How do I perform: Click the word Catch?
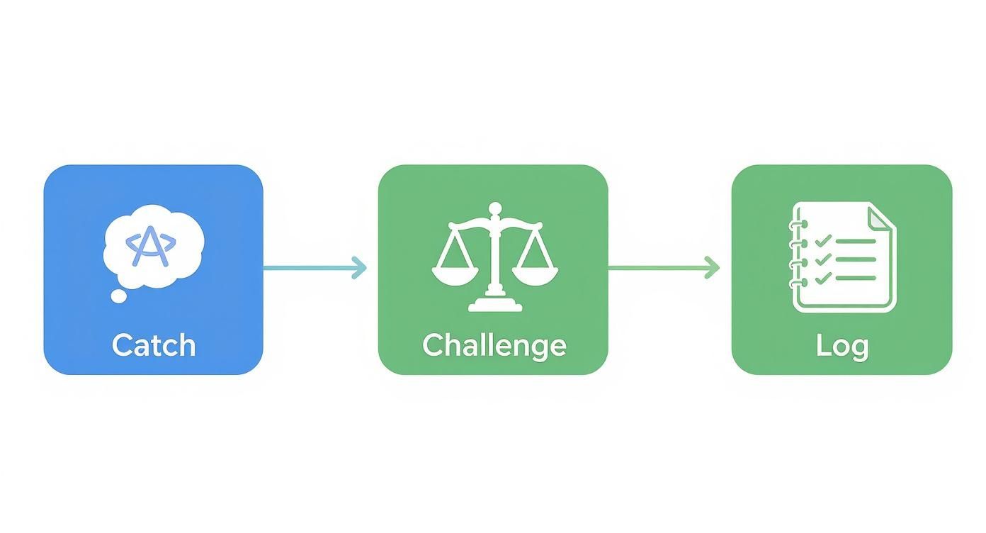[154, 345]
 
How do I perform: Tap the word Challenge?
[494, 347]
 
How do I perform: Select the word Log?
[842, 347]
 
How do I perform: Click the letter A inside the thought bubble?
[151, 246]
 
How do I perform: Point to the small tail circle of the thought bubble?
[118, 296]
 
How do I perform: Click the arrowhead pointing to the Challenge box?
[360, 267]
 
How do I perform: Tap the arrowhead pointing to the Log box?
[712, 267]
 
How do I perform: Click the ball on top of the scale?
[495, 208]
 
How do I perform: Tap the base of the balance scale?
[495, 304]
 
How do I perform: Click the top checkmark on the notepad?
[823, 240]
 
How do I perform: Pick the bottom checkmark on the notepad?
[823, 278]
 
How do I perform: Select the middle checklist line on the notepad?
[856, 259]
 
